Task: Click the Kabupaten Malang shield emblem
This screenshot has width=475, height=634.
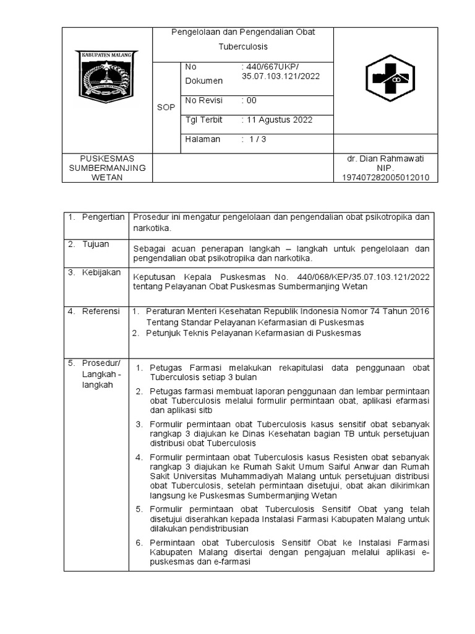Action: click(106, 77)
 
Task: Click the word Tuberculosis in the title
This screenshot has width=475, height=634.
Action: click(243, 46)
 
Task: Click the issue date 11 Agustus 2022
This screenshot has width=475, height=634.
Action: click(278, 119)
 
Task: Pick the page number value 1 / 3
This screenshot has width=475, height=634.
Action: click(255, 139)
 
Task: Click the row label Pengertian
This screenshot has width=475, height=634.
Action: click(104, 217)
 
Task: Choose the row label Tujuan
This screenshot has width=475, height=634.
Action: click(95, 244)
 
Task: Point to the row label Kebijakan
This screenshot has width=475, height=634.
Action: click(101, 272)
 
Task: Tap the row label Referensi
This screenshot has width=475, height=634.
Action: click(101, 311)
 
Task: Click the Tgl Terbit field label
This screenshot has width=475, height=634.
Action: click(203, 119)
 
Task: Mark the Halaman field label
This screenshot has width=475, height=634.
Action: click(202, 139)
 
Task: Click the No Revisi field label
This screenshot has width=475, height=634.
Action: click(203, 100)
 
